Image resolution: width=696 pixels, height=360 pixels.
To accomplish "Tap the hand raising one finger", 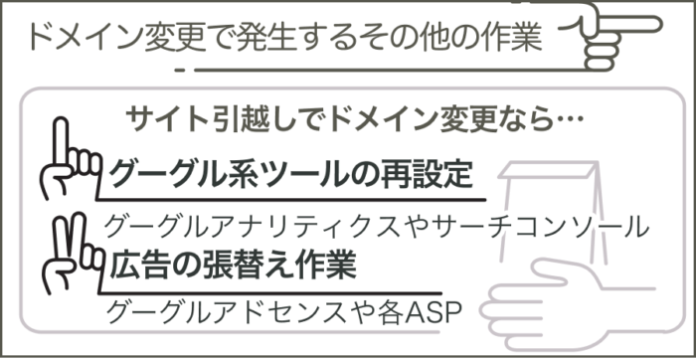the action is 68,164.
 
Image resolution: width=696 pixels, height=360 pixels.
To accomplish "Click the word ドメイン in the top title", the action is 81,37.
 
